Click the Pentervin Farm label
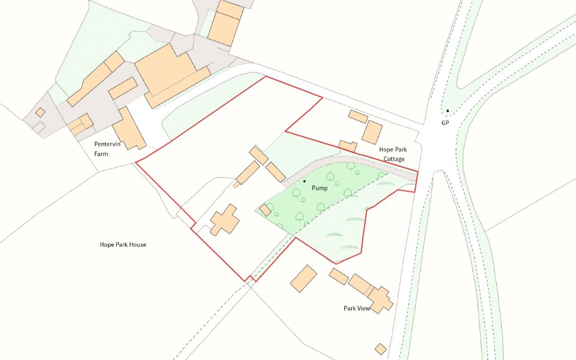(105, 148)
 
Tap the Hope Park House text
(123, 245)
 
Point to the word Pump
(320, 187)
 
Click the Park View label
(357, 308)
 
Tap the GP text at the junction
(445, 123)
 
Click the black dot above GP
(447, 111)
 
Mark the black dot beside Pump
(304, 181)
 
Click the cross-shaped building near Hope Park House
(224, 220)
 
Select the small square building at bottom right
(380, 349)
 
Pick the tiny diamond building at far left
(40, 112)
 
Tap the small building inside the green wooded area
(265, 211)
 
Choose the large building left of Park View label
(304, 278)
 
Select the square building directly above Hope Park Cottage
(372, 132)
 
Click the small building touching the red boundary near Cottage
(347, 146)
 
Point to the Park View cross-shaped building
(379, 298)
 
